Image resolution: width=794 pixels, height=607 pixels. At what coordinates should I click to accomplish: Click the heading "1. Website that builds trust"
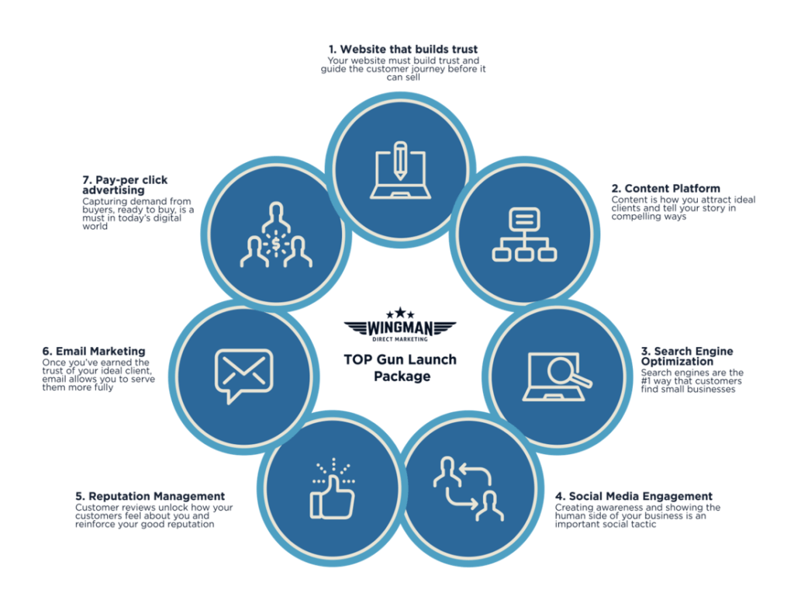point(402,50)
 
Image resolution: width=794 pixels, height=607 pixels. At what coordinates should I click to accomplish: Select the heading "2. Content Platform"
point(665,189)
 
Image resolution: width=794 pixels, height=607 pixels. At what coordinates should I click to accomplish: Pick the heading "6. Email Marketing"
point(94,352)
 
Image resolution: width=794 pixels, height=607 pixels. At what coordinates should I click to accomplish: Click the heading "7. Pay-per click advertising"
point(125,185)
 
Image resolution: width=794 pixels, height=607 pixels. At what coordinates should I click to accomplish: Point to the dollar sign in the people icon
point(276,244)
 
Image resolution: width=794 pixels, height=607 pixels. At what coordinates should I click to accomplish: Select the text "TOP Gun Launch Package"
point(399,368)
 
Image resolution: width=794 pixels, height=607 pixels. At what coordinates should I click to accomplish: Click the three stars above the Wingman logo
point(400,312)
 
